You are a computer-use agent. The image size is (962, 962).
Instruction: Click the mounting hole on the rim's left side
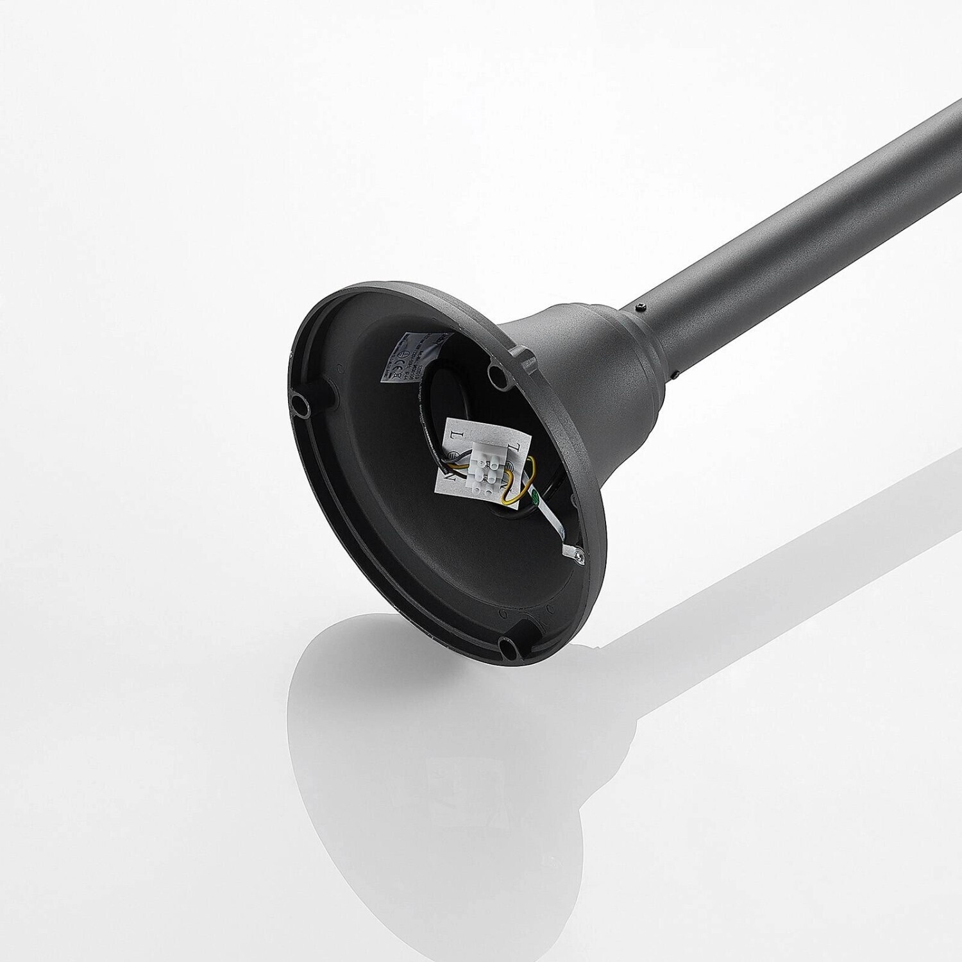pyautogui.click(x=300, y=403)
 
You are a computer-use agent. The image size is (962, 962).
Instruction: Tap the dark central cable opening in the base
pyautogui.click(x=449, y=398)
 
